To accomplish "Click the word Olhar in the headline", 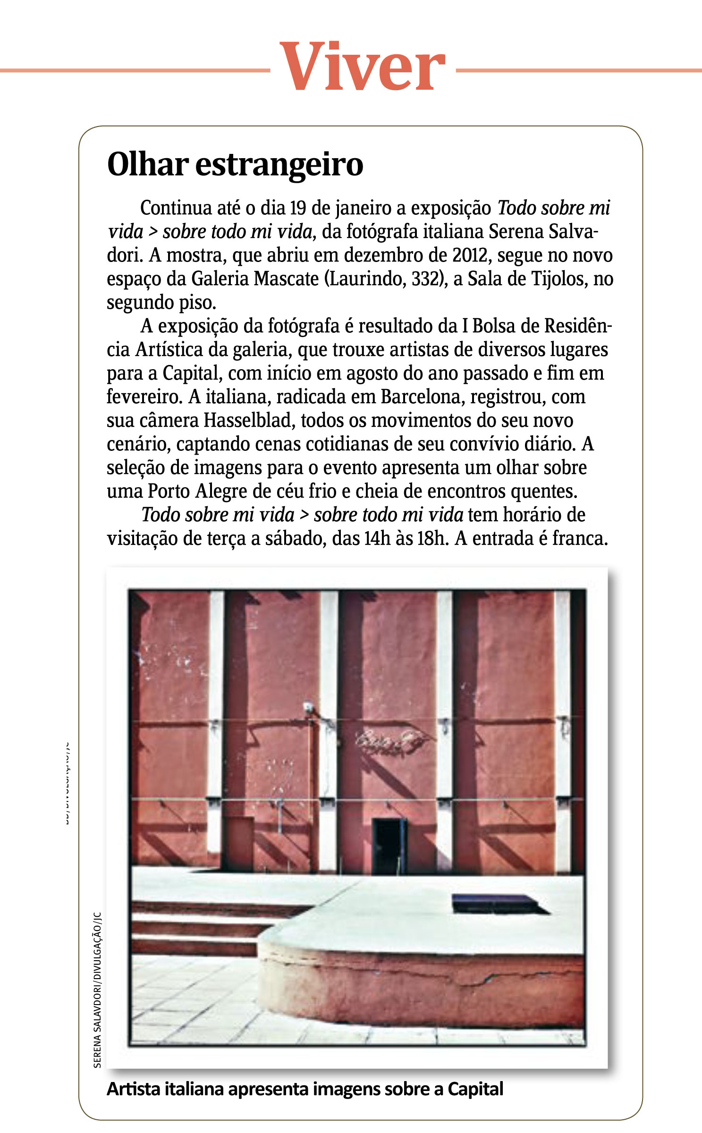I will click(148, 164).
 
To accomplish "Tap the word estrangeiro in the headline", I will click(279, 165).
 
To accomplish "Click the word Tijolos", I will click(559, 279).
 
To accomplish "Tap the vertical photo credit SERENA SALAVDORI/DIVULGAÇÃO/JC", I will click(97, 989).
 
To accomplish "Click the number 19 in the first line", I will click(297, 208).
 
